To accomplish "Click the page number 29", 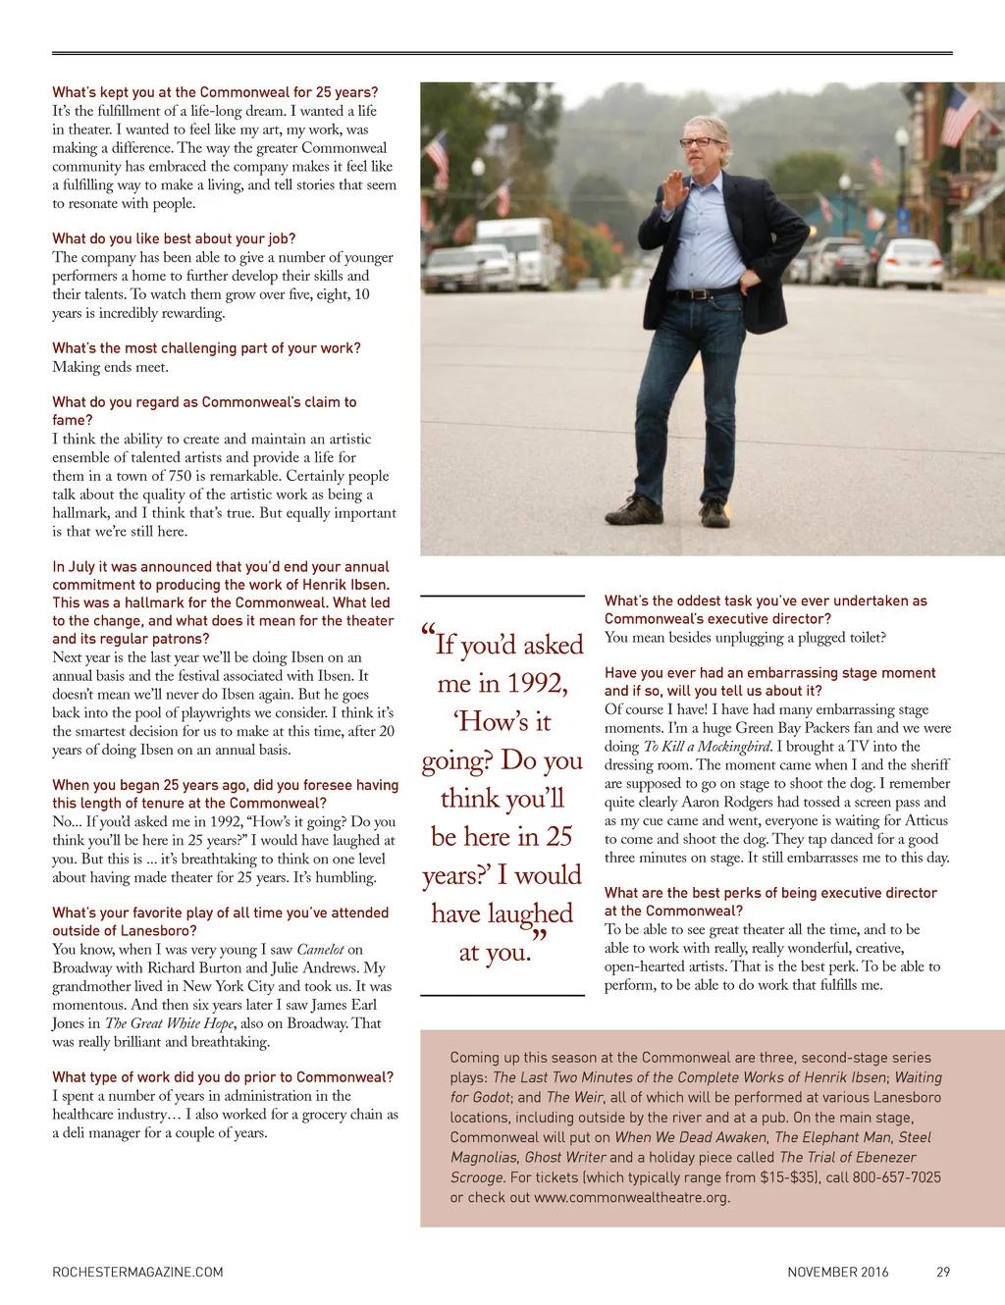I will click(942, 1273).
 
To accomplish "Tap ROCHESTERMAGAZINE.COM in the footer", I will click(137, 1273).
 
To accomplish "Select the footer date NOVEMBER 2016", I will click(837, 1273).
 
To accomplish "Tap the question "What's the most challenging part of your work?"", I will click(206, 348).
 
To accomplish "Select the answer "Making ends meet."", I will click(110, 367).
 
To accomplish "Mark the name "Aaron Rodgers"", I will click(726, 802).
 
